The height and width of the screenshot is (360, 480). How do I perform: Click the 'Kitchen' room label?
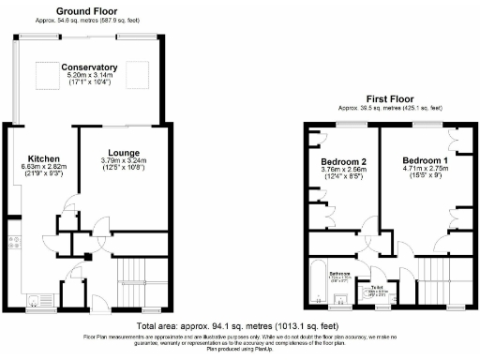[44, 157]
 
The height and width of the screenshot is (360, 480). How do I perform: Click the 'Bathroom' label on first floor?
[339, 274]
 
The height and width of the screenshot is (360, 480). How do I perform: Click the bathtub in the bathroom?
[318, 280]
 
